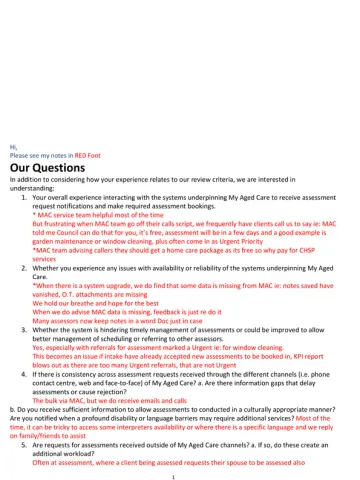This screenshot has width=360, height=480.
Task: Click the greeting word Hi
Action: point(13,146)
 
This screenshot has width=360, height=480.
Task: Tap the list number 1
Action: point(22,199)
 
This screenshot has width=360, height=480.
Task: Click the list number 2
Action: point(22,269)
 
